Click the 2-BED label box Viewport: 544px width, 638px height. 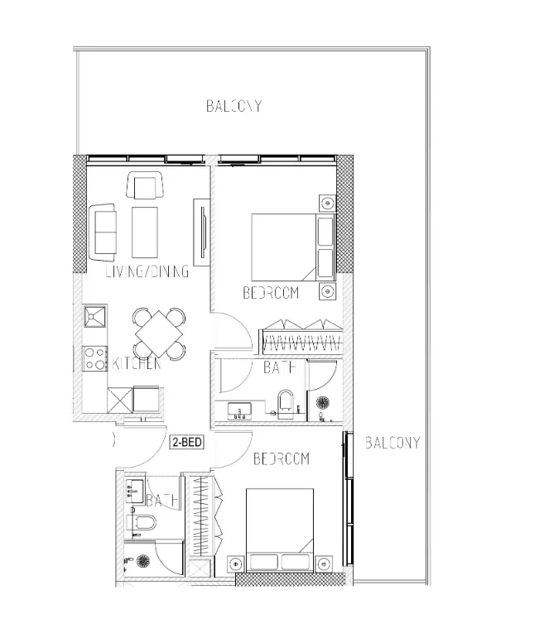click(x=187, y=442)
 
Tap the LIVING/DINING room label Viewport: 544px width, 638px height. click(x=147, y=271)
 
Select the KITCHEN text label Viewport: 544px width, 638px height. click(x=137, y=364)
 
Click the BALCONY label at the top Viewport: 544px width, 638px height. click(x=233, y=106)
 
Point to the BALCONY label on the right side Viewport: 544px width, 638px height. click(x=392, y=443)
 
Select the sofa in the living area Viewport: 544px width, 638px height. click(x=104, y=230)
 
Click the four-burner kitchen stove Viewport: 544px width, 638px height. click(x=95, y=357)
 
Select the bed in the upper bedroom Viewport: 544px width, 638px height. click(x=285, y=247)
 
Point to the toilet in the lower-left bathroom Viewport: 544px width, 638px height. click(x=145, y=523)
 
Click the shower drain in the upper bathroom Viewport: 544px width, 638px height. click(x=324, y=403)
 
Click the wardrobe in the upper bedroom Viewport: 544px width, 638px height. click(x=301, y=337)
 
